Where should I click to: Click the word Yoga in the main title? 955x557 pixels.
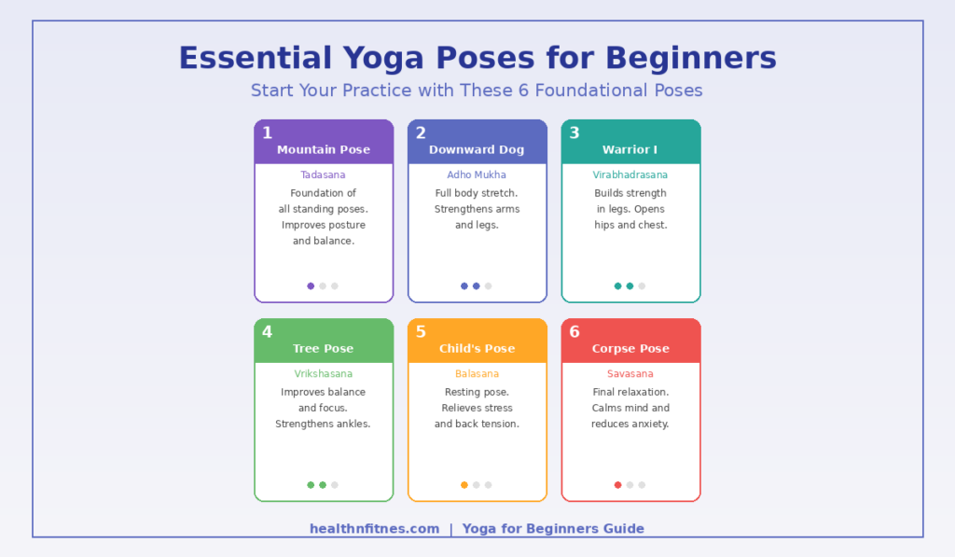click(x=383, y=59)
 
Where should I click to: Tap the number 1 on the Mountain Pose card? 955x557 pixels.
click(x=268, y=132)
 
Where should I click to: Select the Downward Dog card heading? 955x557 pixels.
click(x=477, y=149)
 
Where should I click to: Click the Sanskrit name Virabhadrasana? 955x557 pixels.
click(x=630, y=174)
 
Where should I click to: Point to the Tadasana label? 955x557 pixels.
click(x=323, y=174)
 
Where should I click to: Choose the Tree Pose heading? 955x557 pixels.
click(x=323, y=349)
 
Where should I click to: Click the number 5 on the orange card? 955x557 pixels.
click(x=421, y=331)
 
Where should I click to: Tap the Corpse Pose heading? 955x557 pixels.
click(x=630, y=349)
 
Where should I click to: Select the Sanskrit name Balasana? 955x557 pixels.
click(x=477, y=373)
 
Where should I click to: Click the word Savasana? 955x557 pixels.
click(x=630, y=373)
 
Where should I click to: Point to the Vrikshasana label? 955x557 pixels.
click(x=323, y=373)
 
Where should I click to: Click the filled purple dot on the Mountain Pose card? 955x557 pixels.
click(x=311, y=285)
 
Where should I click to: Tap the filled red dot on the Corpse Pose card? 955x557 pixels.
click(x=617, y=485)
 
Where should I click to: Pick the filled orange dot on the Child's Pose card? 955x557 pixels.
click(x=464, y=485)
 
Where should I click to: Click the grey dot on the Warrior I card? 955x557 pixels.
click(x=642, y=285)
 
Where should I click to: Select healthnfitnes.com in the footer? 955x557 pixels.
click(x=375, y=528)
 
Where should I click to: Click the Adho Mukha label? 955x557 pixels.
click(x=477, y=174)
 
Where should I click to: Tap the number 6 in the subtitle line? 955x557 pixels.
click(x=523, y=91)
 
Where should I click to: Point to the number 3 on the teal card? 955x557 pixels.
click(x=574, y=132)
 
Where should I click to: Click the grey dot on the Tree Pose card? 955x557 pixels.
click(x=335, y=485)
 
